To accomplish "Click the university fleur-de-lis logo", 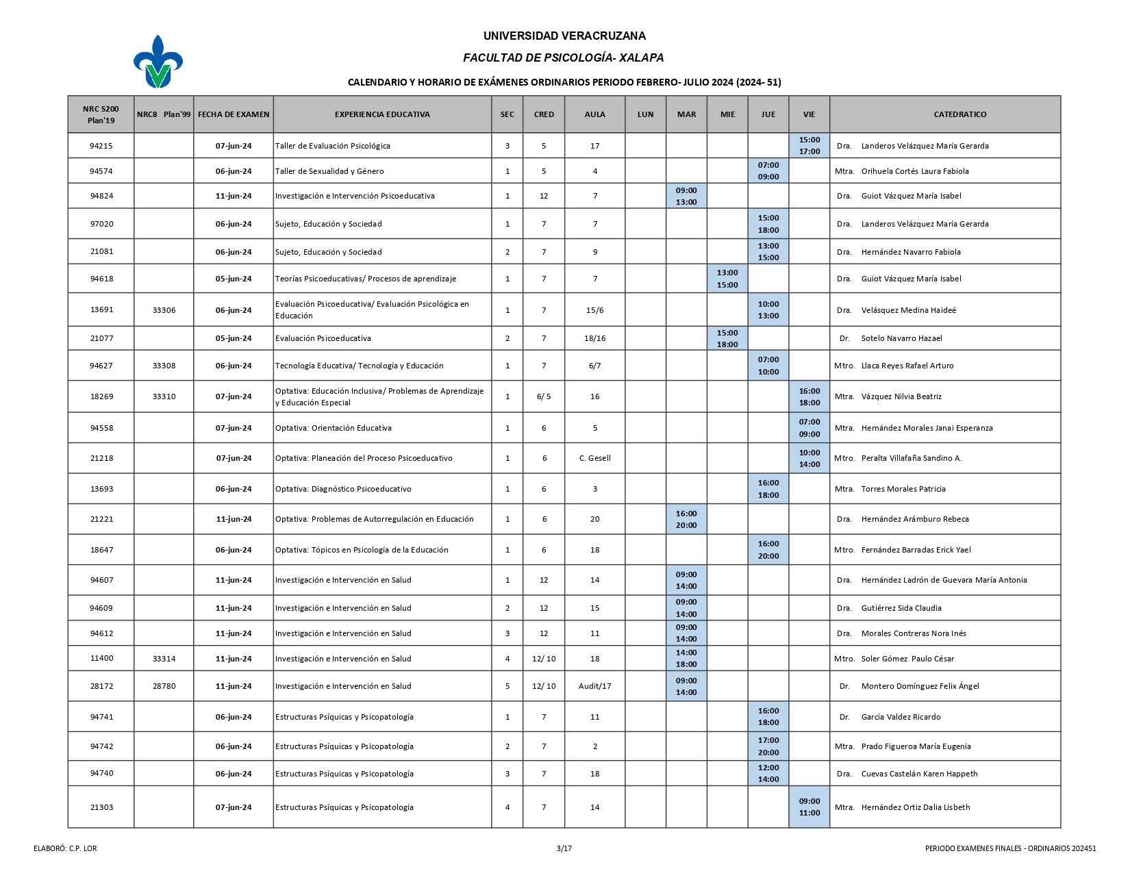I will tap(158, 62).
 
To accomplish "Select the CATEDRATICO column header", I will tap(959, 114).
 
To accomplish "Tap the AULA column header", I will tap(594, 114).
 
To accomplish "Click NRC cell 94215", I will tap(101, 146).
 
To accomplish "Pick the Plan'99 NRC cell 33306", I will tap(164, 310).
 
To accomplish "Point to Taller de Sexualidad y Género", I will tap(329, 171).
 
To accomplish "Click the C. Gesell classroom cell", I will tap(594, 458).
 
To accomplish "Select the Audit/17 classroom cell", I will tap(594, 686).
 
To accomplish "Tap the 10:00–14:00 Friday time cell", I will tap(809, 458).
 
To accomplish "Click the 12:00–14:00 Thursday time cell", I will tap(768, 774).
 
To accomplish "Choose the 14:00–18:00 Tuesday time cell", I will tap(686, 659).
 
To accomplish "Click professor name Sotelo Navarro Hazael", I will tap(901, 338).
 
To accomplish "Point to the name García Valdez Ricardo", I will tap(901, 717).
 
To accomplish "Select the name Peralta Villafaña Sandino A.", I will tap(911, 458).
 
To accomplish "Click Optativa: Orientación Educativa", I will tap(334, 428).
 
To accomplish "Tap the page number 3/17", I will tap(564, 848).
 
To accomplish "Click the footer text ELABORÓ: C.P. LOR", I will tap(65, 848).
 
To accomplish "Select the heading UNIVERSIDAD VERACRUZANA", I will tap(564, 36).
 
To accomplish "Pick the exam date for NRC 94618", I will tap(234, 279).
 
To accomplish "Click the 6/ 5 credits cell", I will tap(544, 396).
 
